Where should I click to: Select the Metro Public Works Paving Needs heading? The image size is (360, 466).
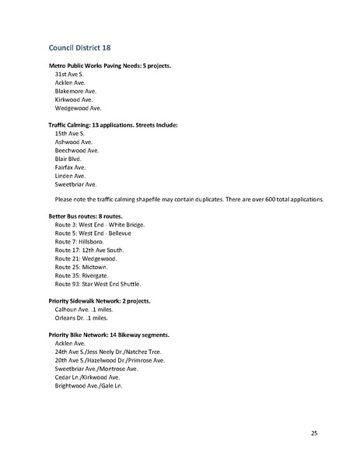[110, 65]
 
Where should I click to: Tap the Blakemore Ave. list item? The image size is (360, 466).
[75, 91]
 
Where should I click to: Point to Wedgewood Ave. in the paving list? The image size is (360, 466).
[78, 108]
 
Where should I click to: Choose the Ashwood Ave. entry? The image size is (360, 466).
[73, 142]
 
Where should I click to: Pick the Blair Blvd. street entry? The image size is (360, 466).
[68, 159]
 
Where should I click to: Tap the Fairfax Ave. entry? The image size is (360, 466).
[70, 167]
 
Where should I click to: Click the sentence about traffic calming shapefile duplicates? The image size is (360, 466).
[189, 200]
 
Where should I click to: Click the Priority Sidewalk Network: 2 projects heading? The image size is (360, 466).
[104, 300]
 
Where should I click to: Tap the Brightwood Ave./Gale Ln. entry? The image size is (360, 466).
[89, 386]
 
